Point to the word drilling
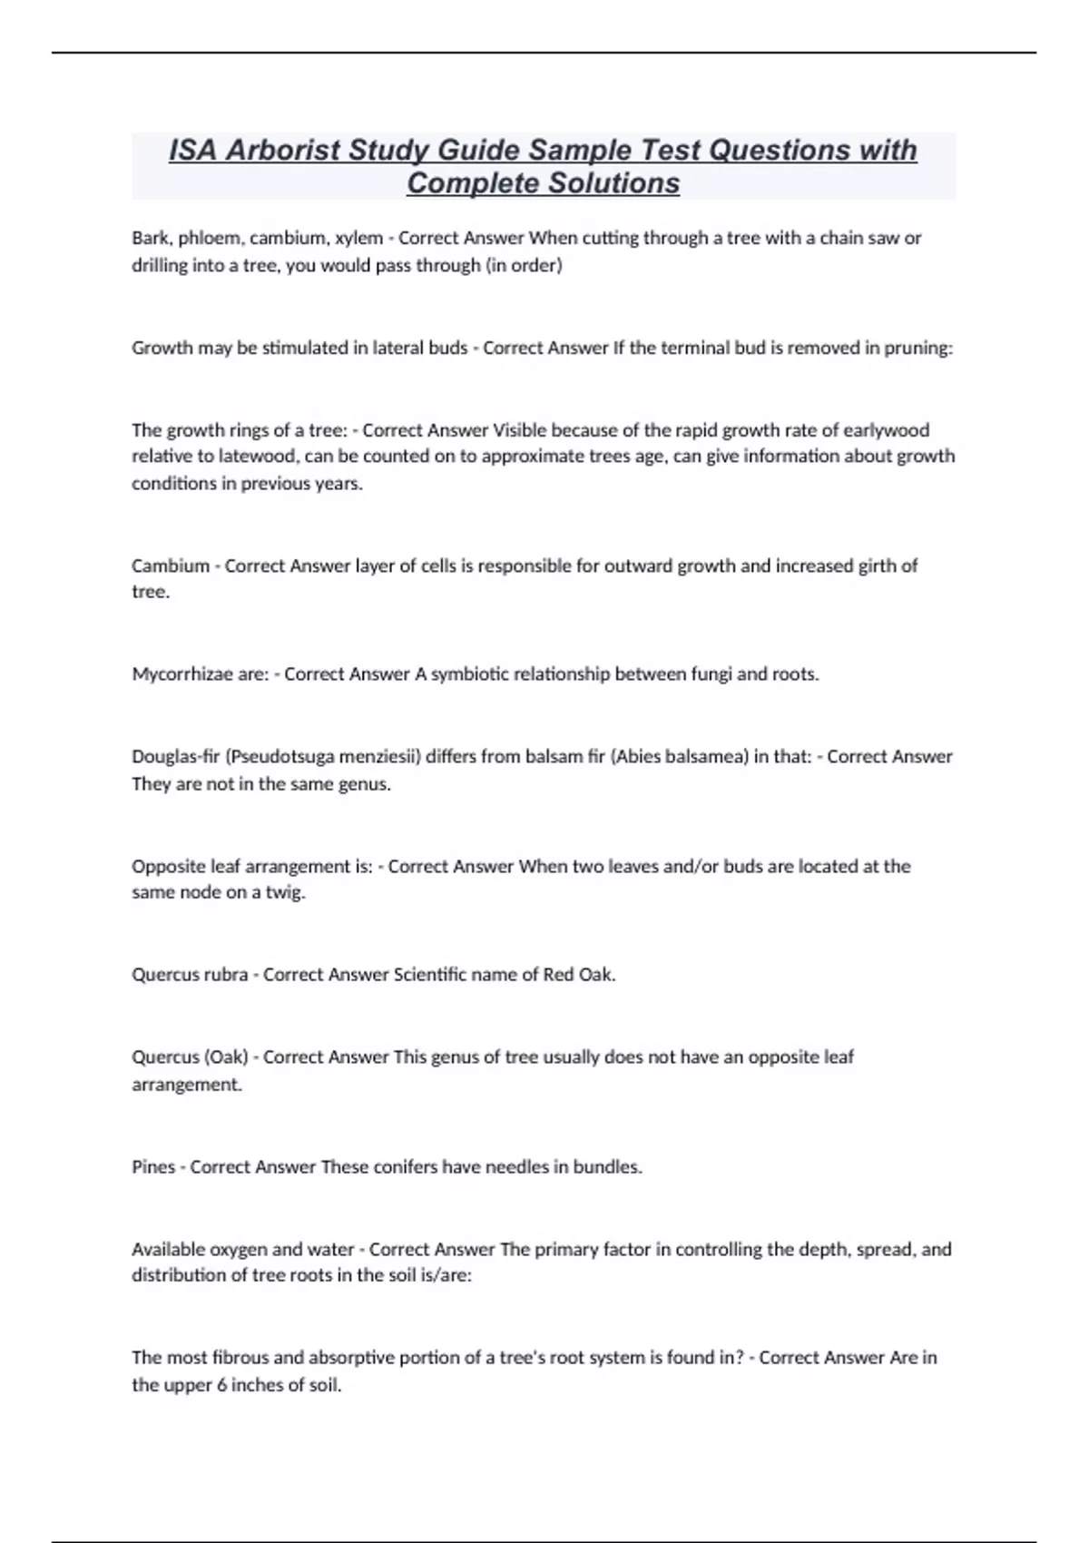click(159, 266)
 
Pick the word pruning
click(917, 348)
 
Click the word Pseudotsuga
click(290, 757)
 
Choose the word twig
click(285, 892)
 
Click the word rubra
click(227, 975)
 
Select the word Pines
click(153, 1166)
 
